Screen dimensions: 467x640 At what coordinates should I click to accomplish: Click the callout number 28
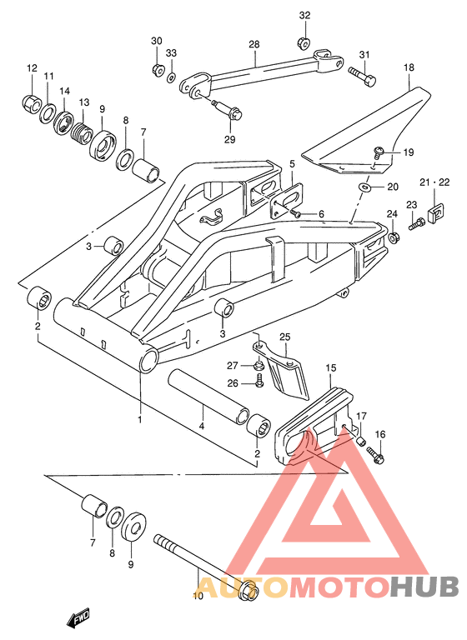click(254, 44)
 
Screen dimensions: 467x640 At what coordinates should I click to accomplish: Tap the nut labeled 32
click(304, 42)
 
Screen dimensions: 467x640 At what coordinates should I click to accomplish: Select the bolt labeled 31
click(362, 77)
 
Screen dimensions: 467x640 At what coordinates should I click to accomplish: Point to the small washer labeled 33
click(172, 77)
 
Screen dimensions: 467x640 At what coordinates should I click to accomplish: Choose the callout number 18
click(409, 67)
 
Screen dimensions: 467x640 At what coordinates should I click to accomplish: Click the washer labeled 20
click(364, 187)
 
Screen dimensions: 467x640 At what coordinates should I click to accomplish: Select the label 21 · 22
click(434, 182)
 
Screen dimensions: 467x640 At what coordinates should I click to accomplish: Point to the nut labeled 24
click(394, 237)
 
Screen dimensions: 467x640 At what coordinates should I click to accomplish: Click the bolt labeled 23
click(416, 223)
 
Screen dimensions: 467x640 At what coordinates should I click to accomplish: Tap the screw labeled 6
click(295, 213)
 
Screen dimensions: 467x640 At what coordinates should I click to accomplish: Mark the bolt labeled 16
click(375, 456)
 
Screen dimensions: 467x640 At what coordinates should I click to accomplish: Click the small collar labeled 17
click(360, 442)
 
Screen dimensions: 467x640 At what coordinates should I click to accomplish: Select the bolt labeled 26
click(259, 382)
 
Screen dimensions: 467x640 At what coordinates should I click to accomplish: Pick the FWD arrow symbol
click(78, 619)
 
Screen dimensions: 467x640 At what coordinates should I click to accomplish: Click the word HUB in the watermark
click(424, 586)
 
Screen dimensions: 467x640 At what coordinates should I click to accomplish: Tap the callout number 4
click(201, 427)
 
